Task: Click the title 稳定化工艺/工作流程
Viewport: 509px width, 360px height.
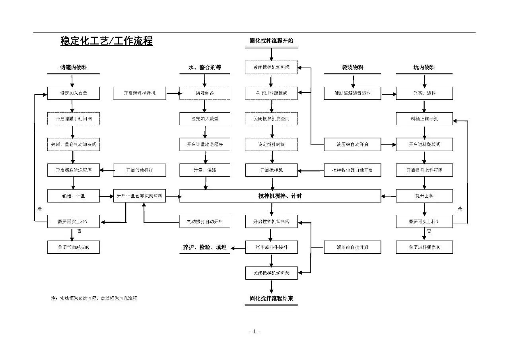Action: coord(107,41)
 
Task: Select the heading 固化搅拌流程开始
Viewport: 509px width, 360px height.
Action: coord(272,41)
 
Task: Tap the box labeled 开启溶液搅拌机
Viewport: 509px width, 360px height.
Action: coord(140,93)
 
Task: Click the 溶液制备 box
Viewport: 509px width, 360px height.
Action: coord(205,93)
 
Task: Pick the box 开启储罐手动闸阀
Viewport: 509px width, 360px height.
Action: coord(74,119)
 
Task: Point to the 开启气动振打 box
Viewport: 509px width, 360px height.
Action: coord(140,170)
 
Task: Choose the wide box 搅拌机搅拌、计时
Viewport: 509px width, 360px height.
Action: coord(280,196)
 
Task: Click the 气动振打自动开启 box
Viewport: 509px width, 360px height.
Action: coord(205,221)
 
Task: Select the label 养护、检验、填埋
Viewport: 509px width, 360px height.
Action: coord(204,247)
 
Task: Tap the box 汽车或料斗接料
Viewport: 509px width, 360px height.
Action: coord(272,247)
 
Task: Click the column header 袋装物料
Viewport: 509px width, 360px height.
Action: coord(352,68)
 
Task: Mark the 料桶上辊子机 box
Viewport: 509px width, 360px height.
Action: coord(424,119)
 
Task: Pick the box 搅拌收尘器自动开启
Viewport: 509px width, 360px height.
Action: coord(352,170)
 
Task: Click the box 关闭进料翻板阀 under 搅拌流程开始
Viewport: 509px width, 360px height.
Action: coord(272,93)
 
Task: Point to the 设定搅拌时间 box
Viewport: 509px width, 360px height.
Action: coord(272,144)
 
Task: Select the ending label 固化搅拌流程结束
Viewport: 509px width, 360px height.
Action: coord(272,298)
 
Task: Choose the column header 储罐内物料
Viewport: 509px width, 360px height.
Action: coord(74,68)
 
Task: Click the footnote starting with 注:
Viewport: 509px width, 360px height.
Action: coord(94,298)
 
